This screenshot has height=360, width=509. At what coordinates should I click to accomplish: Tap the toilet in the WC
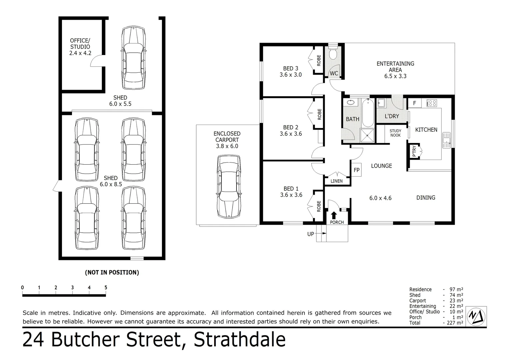click(333, 54)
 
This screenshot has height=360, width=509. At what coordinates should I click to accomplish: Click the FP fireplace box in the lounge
click(356, 170)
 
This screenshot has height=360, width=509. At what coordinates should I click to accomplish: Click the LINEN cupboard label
click(336, 181)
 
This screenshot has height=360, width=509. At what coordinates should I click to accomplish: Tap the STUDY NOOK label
click(395, 133)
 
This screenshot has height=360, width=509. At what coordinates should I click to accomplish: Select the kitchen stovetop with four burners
click(431, 103)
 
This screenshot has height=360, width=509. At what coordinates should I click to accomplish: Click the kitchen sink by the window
click(446, 140)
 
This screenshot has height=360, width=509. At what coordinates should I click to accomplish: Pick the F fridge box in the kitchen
click(414, 103)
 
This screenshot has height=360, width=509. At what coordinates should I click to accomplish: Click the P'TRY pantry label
click(414, 151)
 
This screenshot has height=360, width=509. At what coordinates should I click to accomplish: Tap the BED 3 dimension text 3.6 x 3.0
click(290, 75)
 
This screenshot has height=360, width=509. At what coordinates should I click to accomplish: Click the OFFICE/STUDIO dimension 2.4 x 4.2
click(80, 53)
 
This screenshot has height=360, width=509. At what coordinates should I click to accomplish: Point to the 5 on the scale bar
click(106, 288)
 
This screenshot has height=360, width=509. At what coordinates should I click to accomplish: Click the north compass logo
click(476, 316)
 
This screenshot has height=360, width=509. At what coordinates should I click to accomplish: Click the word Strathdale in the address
click(240, 340)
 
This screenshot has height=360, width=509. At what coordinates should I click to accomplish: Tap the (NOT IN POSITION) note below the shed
click(112, 272)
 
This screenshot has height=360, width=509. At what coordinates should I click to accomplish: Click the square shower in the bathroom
click(368, 135)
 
